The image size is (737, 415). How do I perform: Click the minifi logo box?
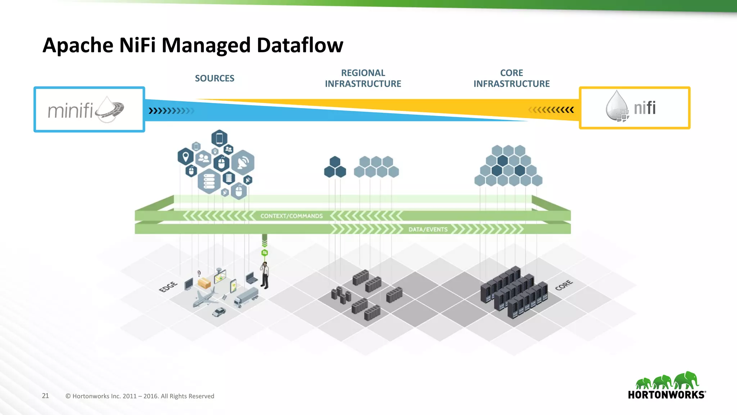point(89,110)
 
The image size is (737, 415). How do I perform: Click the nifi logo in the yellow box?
point(634,108)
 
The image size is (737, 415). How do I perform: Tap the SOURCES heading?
point(214,78)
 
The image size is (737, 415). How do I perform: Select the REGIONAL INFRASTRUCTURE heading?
point(363,78)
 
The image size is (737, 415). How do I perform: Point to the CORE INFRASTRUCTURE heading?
point(511,78)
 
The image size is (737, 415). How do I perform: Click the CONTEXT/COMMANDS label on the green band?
point(291,216)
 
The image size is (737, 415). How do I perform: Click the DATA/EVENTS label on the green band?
point(428,229)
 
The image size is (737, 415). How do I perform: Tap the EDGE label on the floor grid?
point(168,287)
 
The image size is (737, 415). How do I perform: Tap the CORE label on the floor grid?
point(564,285)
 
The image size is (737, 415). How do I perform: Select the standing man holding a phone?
point(265,276)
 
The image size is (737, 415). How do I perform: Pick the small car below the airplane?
point(219,312)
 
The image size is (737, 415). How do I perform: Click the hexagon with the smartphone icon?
point(219,138)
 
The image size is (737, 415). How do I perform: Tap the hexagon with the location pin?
point(186,157)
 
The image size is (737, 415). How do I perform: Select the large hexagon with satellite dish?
point(243,162)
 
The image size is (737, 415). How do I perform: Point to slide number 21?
point(45,396)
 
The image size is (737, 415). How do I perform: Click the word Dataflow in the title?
point(300,45)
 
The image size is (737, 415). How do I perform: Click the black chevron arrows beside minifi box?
point(171,111)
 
